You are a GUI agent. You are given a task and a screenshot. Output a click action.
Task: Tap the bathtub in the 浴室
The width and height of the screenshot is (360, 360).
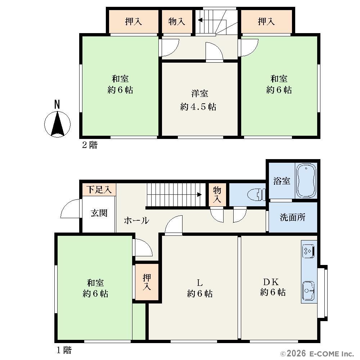(306, 181)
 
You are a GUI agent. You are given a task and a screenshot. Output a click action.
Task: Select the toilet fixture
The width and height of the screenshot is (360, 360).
(256, 195)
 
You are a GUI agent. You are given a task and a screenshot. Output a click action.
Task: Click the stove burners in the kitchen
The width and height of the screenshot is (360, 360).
(308, 251)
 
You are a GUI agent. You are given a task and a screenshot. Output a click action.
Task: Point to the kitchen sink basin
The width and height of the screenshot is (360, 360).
(308, 291)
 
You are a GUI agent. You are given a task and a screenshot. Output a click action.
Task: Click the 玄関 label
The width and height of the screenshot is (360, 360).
(99, 213)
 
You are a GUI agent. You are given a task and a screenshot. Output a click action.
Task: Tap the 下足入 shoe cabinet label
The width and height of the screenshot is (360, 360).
(99, 190)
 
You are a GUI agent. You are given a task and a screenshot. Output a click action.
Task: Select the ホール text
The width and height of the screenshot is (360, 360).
(136, 220)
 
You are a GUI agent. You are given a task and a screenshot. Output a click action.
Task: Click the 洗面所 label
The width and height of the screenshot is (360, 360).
(292, 217)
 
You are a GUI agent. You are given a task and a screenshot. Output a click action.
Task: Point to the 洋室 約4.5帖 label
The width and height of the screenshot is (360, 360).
(198, 100)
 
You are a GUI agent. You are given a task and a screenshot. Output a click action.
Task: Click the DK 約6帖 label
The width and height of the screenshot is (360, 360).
(273, 287)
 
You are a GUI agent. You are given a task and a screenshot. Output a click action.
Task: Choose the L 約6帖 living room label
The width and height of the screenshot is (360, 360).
(200, 288)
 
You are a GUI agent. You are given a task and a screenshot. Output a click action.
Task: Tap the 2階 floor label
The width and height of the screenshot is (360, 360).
(90, 145)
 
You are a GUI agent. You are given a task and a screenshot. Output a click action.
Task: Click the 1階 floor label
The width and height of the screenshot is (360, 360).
(64, 350)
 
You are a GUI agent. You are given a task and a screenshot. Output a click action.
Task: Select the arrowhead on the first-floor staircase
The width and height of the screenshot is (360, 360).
(199, 195)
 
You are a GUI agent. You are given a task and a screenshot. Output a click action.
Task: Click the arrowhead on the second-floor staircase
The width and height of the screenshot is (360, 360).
(200, 20)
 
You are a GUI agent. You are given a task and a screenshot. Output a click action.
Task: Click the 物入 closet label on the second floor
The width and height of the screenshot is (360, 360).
(176, 22)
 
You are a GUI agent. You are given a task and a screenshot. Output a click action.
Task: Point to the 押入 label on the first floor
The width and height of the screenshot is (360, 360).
(147, 282)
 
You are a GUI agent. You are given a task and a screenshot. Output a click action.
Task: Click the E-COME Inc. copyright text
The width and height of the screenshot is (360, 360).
(317, 354)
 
